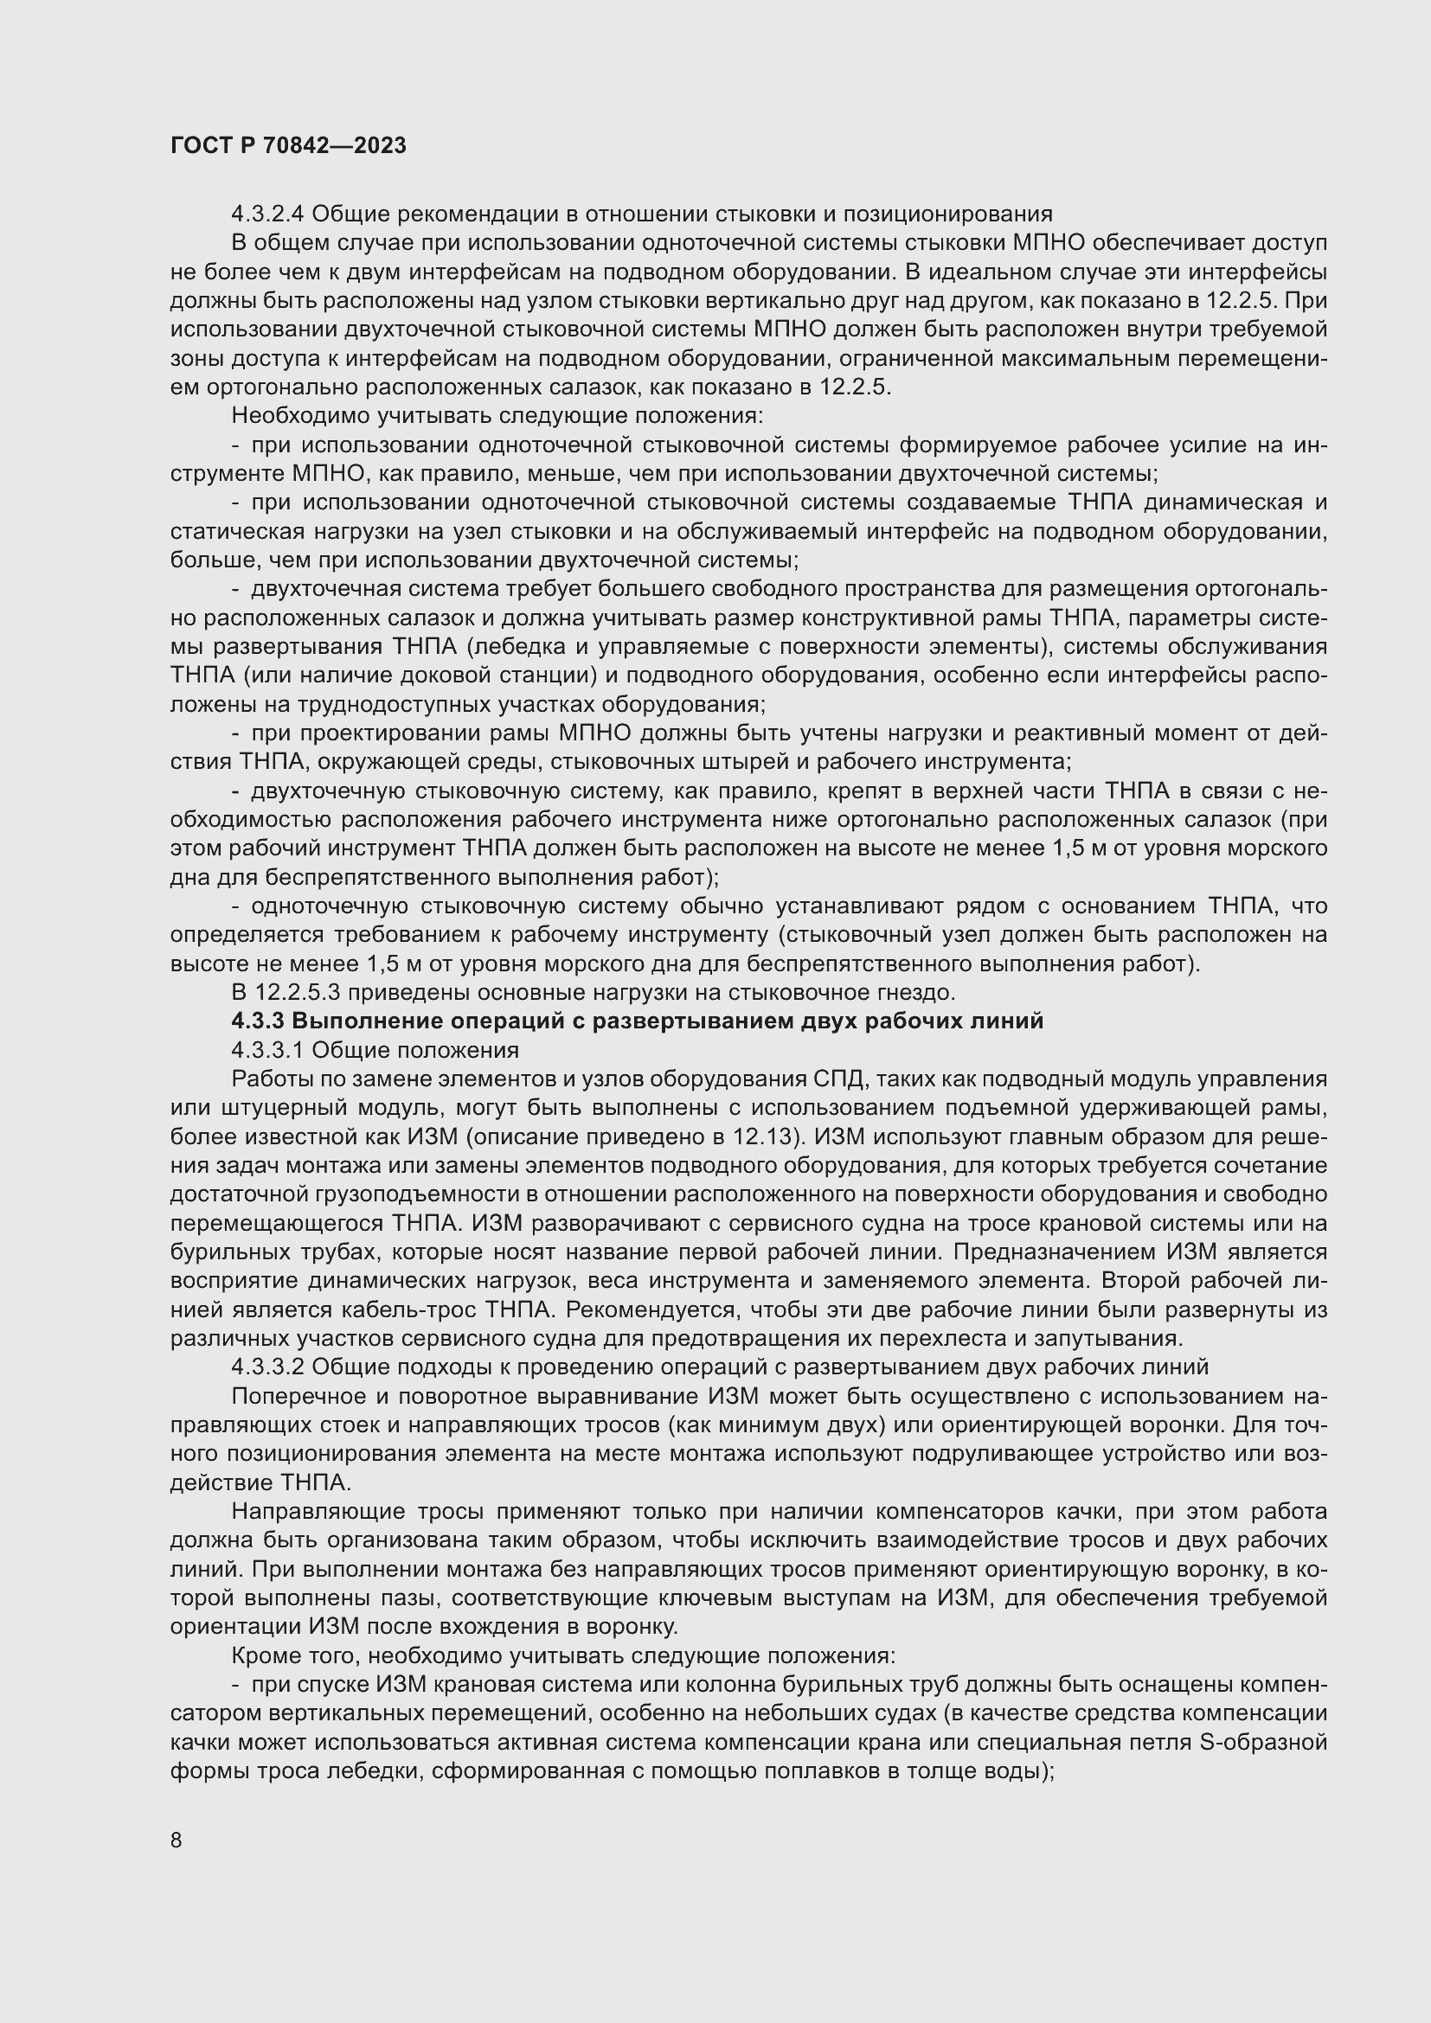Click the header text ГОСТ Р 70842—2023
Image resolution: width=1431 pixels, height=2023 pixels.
pyautogui.click(x=288, y=146)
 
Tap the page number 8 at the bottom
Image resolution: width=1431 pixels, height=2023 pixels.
pyautogui.click(x=176, y=1841)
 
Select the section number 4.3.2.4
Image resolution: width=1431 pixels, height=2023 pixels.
pyautogui.click(x=268, y=214)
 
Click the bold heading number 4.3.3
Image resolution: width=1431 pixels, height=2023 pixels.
pyautogui.click(x=257, y=1021)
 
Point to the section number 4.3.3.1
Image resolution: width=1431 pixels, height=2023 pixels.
pyautogui.click(x=268, y=1050)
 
